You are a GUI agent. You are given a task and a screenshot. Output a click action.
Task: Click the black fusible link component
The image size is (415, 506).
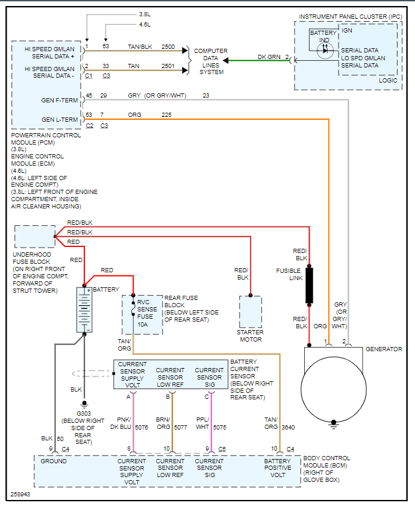[x=309, y=286]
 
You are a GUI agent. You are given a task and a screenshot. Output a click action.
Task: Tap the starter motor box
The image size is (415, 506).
[x=251, y=311]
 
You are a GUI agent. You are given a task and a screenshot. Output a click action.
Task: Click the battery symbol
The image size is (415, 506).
[x=84, y=309]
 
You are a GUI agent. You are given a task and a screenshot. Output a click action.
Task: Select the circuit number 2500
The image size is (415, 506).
[x=168, y=46]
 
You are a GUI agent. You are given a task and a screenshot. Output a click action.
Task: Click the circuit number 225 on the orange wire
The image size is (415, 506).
[x=166, y=114]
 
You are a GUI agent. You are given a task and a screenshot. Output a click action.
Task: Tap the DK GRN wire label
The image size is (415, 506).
[x=269, y=57]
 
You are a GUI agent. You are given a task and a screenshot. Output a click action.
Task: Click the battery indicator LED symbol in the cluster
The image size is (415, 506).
[x=325, y=50]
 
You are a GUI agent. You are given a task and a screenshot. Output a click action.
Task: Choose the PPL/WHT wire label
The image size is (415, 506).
[x=203, y=423]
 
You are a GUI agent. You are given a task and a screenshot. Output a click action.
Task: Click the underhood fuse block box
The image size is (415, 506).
[x=34, y=236]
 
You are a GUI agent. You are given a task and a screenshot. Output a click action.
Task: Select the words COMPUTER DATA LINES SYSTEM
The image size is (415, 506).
[x=210, y=61]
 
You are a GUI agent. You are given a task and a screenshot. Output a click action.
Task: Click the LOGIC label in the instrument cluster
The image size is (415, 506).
[x=387, y=80]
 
